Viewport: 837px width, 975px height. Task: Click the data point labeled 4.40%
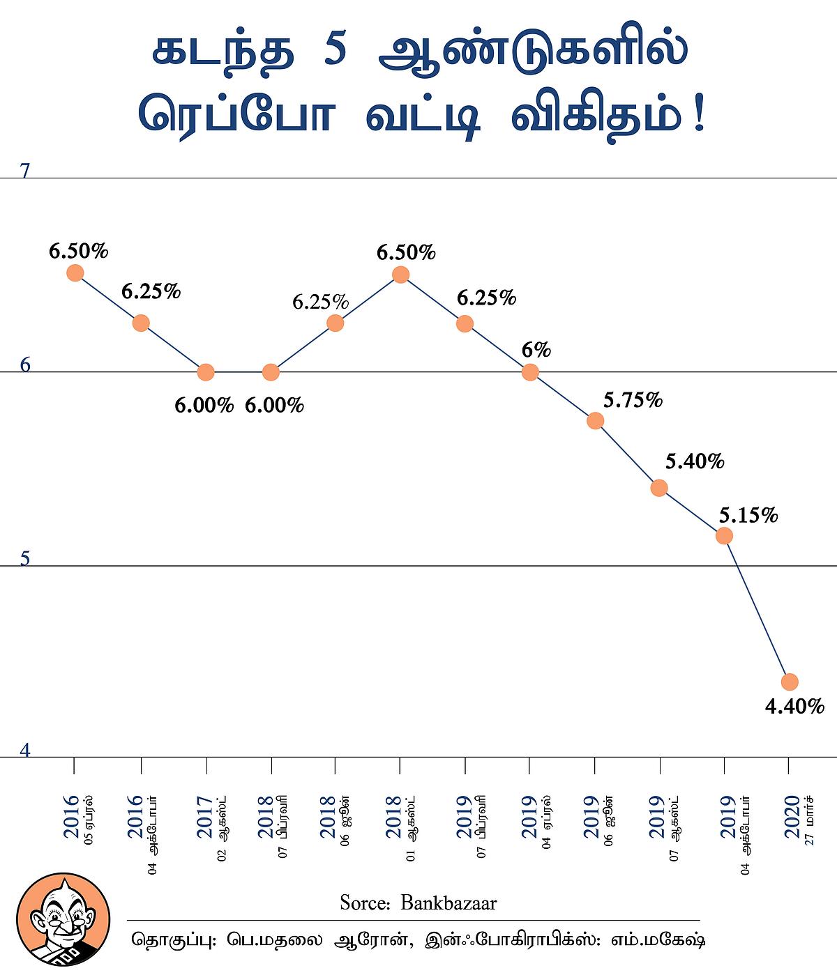790,681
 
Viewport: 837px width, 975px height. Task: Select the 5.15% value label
748,516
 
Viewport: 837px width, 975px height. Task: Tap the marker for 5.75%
595,420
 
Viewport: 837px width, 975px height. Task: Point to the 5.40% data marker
659,488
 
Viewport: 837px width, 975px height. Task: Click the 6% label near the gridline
536,350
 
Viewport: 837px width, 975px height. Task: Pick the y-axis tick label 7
25,171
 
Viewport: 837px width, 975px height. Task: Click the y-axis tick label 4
25,751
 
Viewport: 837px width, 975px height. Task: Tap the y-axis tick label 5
25,558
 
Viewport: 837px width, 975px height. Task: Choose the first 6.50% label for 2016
78,251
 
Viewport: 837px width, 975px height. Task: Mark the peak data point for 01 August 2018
400,275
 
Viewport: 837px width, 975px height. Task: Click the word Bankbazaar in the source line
448,903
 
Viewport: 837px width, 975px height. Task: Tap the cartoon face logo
62,919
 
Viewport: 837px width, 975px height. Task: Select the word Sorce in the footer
363,903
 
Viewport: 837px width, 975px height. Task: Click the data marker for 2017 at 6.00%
206,372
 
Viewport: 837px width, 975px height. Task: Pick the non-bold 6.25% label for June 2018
320,302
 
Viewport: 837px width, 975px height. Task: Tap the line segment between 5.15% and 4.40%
757,608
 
